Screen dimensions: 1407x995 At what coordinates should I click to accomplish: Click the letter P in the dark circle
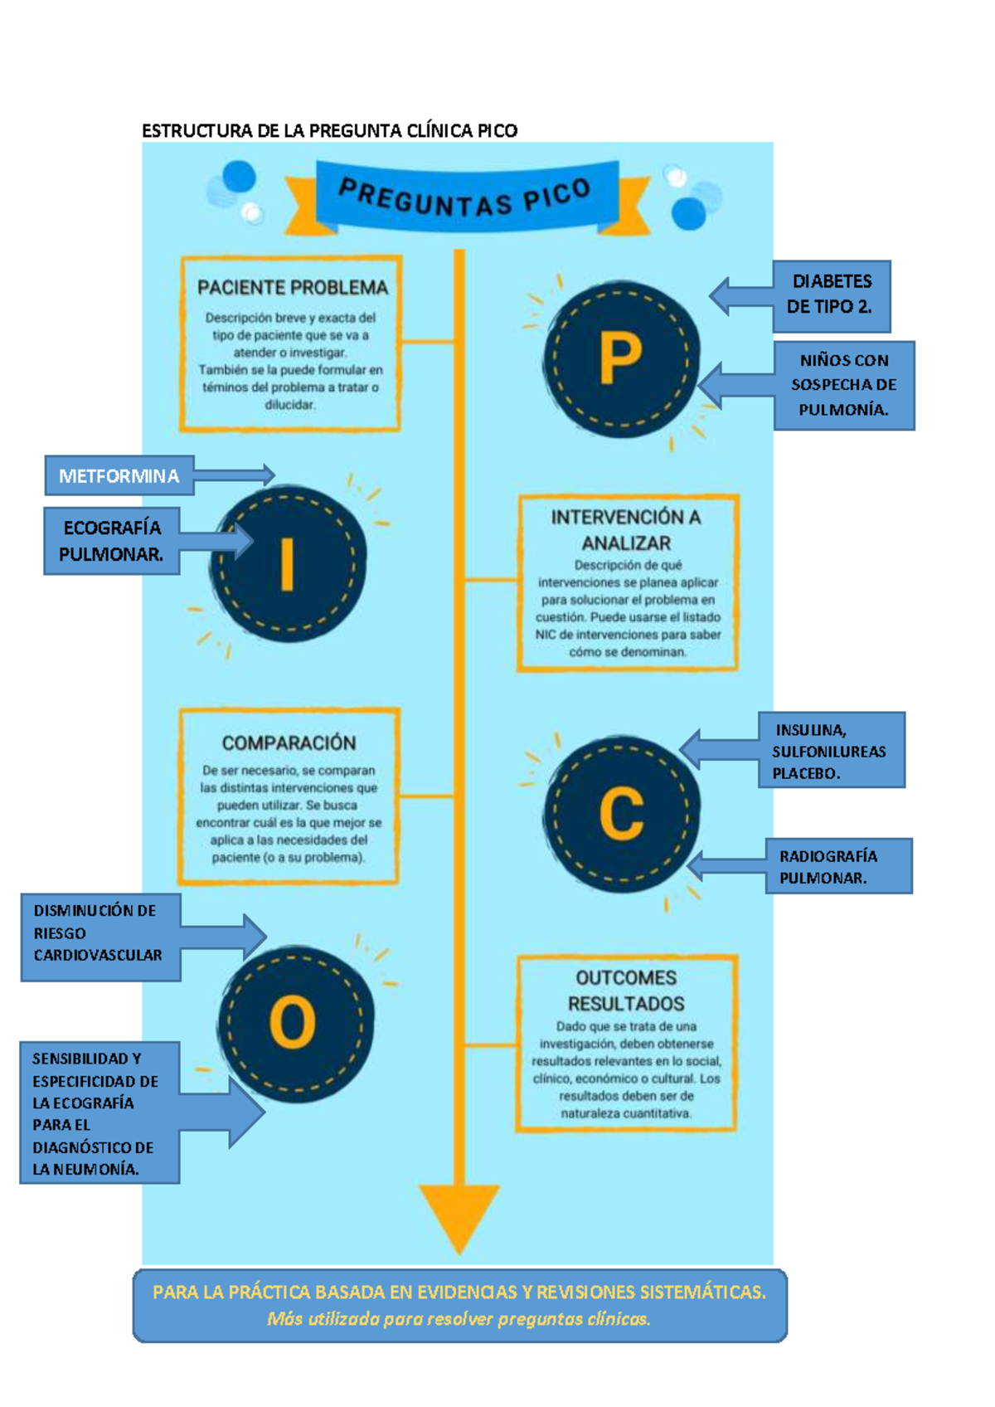tap(620, 358)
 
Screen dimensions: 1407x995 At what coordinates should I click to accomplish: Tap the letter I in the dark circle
tap(288, 564)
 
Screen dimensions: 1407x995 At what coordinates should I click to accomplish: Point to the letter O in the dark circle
tap(293, 1022)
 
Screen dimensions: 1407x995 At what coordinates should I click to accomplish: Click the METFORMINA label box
tap(119, 475)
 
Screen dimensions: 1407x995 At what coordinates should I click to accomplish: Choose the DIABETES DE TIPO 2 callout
tap(830, 295)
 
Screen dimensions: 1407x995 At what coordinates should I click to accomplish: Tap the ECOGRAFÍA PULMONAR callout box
tap(111, 541)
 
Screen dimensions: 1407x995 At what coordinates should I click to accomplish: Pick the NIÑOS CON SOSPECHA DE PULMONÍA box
tap(843, 385)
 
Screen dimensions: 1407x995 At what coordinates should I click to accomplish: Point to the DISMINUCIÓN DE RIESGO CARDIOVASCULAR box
tap(98, 933)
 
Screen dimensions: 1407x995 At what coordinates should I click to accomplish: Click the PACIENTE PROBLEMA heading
tap(293, 288)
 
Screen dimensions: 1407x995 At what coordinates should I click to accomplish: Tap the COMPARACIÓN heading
tap(289, 743)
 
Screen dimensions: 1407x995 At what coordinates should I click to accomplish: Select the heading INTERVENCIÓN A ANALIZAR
tap(626, 529)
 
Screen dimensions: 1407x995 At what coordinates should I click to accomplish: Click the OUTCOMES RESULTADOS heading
tap(626, 991)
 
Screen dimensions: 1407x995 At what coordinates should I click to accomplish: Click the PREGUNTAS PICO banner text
tap(465, 199)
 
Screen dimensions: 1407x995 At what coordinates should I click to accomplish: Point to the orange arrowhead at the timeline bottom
tap(459, 1213)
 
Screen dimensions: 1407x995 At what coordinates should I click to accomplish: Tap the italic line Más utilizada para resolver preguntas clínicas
tap(459, 1319)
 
